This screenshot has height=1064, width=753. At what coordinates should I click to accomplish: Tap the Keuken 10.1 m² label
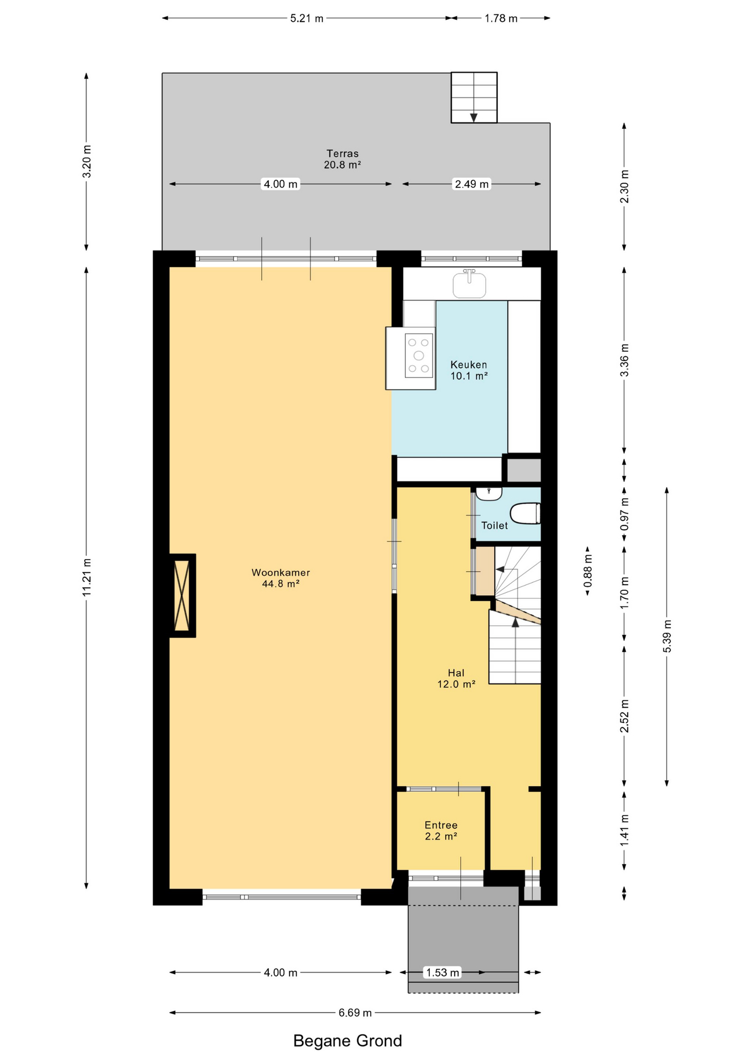click(x=469, y=370)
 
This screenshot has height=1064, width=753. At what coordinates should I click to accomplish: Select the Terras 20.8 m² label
click(x=343, y=159)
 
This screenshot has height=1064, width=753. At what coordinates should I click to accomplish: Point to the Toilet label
click(x=495, y=525)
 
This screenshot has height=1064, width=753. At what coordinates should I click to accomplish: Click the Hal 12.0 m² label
click(x=456, y=678)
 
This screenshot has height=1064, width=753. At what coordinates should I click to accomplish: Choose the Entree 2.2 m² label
click(x=441, y=831)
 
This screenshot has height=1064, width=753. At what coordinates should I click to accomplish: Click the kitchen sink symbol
click(x=470, y=284)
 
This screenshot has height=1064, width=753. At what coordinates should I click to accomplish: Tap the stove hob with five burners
click(x=419, y=356)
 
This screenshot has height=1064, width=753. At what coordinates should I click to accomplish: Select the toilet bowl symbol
click(x=525, y=513)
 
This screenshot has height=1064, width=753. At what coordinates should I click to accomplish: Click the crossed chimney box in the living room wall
click(x=182, y=596)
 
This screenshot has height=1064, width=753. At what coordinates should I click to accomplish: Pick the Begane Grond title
click(x=348, y=1041)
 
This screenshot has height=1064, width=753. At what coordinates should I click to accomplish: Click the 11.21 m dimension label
click(x=87, y=577)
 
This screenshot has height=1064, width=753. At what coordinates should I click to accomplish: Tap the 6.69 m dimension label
click(x=355, y=1012)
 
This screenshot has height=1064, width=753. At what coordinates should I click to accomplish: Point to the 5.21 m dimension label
click(x=307, y=18)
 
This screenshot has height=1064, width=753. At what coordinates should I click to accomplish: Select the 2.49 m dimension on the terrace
click(x=472, y=184)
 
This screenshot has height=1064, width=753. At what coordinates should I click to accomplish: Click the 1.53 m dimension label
click(x=442, y=972)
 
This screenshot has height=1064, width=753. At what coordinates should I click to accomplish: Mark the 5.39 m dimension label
click(x=667, y=636)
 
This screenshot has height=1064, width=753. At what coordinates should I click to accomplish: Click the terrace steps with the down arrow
click(x=474, y=98)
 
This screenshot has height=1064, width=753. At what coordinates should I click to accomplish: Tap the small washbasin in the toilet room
click(x=489, y=493)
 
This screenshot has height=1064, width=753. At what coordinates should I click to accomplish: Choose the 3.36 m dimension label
click(x=624, y=360)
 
